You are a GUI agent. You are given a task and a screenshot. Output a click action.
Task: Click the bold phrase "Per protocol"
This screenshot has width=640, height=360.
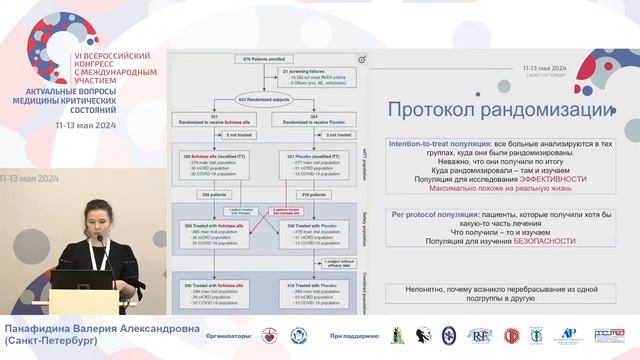(409, 214)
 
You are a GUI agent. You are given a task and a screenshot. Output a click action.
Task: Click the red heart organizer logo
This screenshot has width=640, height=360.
(269, 336)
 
